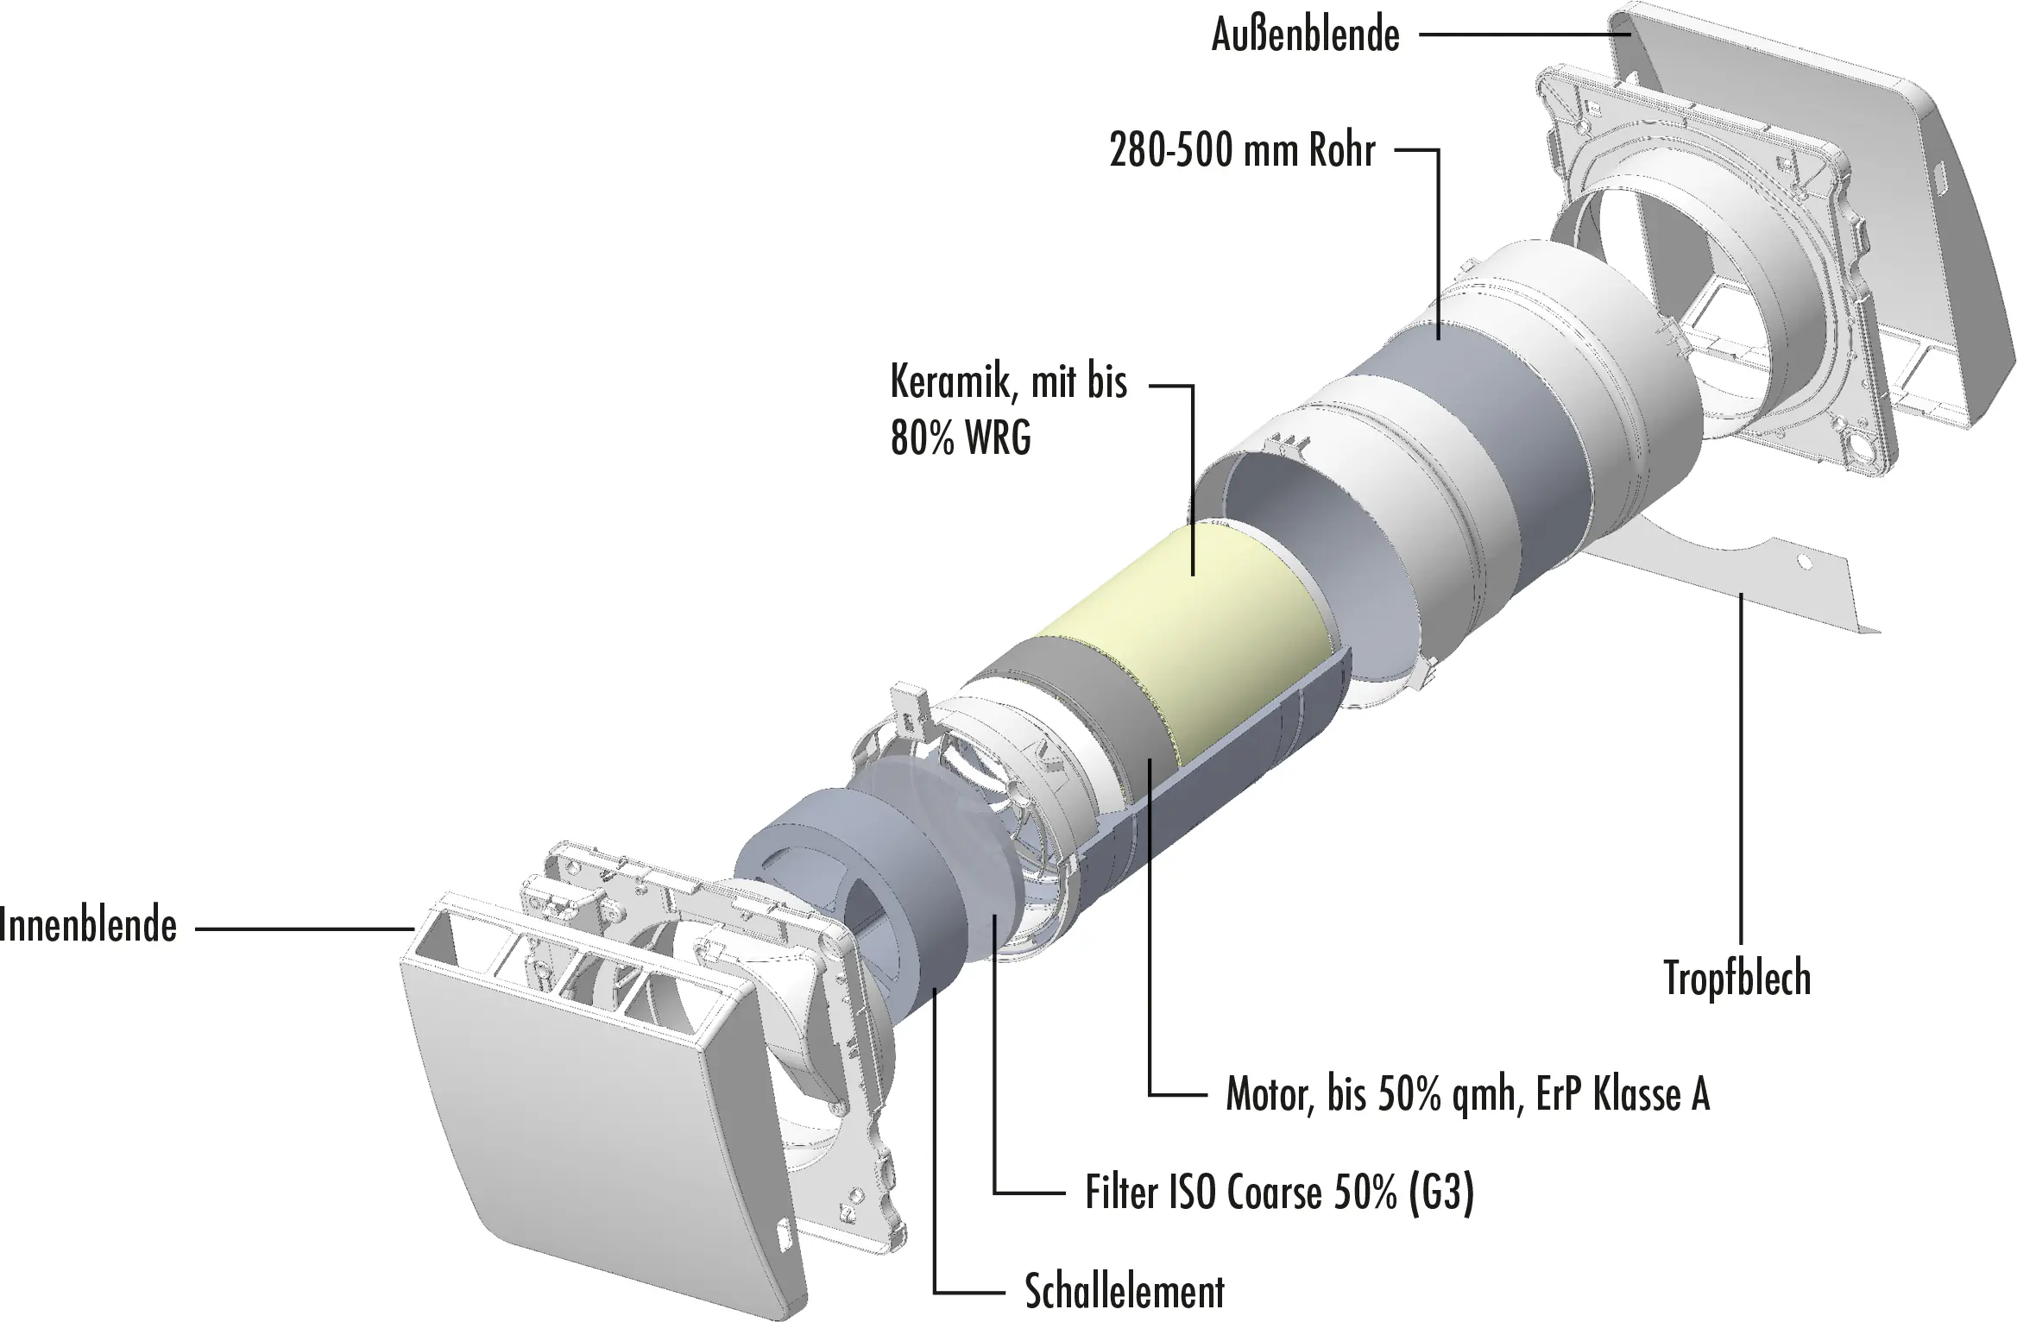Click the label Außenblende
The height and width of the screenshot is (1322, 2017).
point(1305,35)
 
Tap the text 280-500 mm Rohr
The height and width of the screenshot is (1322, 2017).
point(1242,151)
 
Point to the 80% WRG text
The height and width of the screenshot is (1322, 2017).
point(961,438)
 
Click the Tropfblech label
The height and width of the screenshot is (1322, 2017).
point(1737,979)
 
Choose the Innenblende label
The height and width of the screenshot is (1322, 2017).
point(88,925)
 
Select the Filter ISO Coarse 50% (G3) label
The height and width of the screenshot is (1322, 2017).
point(1279,1193)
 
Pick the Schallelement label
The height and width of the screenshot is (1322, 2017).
point(1124,1292)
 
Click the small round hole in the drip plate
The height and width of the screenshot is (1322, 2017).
point(1802,562)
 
